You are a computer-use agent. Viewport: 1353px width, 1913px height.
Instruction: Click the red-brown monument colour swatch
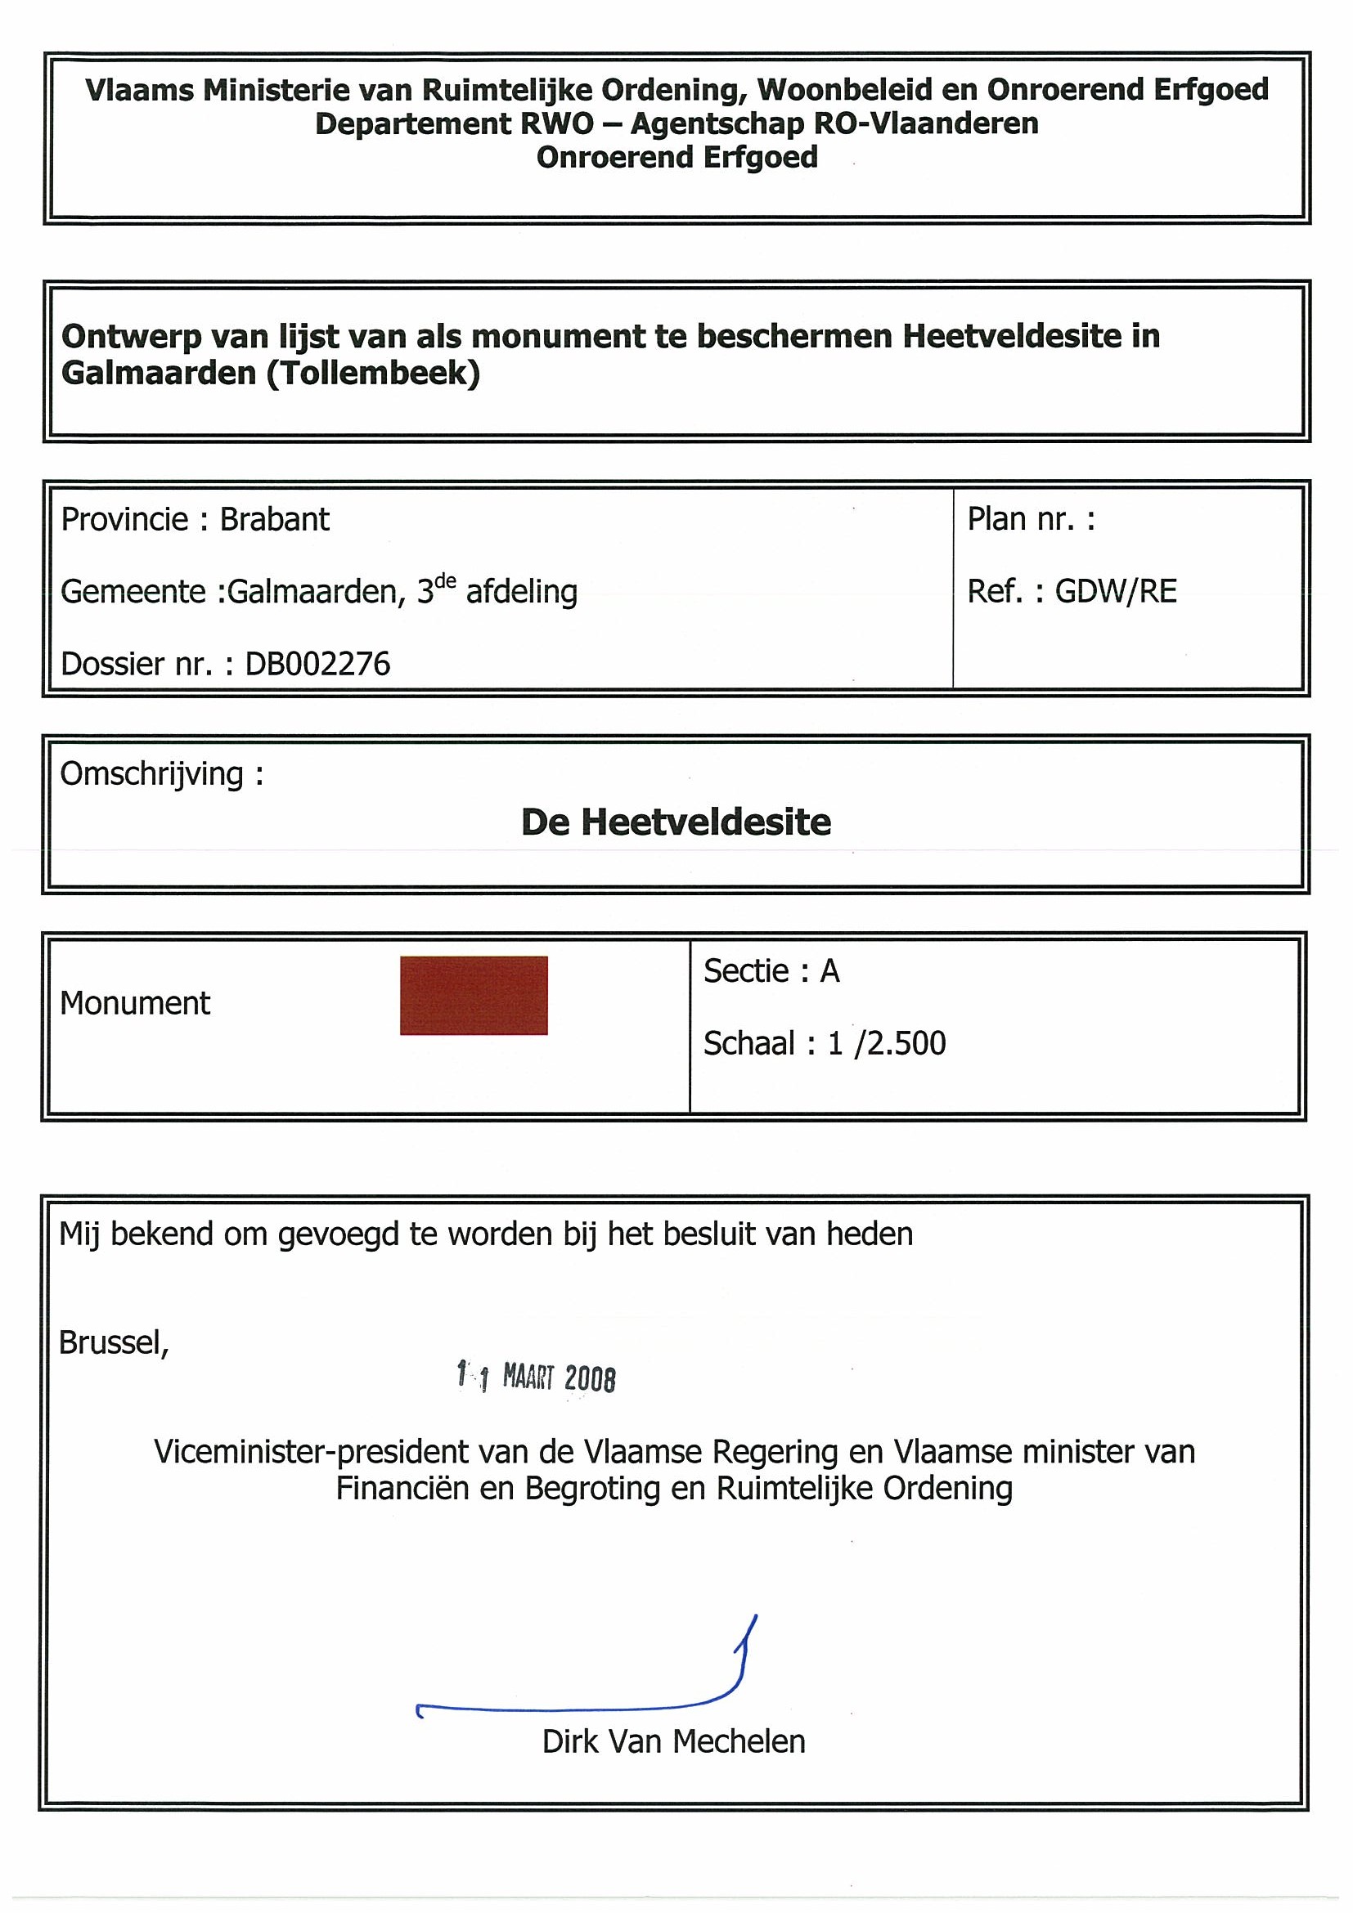click(x=474, y=995)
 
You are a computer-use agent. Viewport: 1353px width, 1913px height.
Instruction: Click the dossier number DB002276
click(x=317, y=664)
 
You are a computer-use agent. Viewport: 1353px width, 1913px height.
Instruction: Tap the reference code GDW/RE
click(x=1116, y=592)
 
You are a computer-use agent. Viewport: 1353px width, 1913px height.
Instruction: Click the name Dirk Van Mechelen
click(x=673, y=1741)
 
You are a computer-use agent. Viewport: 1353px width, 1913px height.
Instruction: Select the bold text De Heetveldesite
click(x=676, y=822)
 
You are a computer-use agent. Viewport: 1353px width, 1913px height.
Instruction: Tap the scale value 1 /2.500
click(x=886, y=1043)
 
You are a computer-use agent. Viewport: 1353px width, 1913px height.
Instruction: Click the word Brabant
click(x=274, y=520)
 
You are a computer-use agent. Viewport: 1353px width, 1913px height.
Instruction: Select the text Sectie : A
click(x=771, y=971)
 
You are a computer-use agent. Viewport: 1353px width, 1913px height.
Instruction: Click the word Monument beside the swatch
click(x=135, y=1003)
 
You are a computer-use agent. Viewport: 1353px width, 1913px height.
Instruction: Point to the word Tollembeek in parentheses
click(x=374, y=374)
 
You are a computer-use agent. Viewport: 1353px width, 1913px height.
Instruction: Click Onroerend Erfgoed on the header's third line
click(x=677, y=158)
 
